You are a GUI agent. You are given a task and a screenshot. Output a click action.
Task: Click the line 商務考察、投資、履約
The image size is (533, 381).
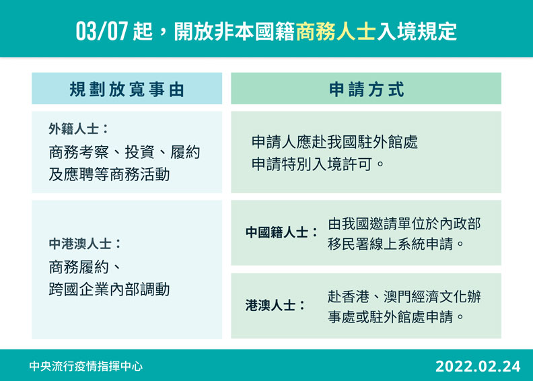125,152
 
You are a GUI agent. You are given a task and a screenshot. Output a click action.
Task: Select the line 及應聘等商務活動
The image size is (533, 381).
109,175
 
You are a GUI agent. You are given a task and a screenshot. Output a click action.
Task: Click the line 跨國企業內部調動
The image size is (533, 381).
109,290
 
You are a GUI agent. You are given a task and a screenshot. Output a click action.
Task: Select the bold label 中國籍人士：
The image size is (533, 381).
282,233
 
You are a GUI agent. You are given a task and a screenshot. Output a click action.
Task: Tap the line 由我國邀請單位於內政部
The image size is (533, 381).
404,223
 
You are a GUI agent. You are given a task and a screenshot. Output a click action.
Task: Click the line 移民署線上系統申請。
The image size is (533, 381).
396,244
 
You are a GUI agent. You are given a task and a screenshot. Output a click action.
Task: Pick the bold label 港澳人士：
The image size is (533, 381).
275,306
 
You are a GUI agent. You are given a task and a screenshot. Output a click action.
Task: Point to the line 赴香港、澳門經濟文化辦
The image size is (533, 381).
404,296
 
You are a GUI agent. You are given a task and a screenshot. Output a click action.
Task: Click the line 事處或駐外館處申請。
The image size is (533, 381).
396,316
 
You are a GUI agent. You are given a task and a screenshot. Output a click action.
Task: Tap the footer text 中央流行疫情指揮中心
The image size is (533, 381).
86,366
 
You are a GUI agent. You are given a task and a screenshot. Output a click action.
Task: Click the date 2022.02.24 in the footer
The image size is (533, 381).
478,366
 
